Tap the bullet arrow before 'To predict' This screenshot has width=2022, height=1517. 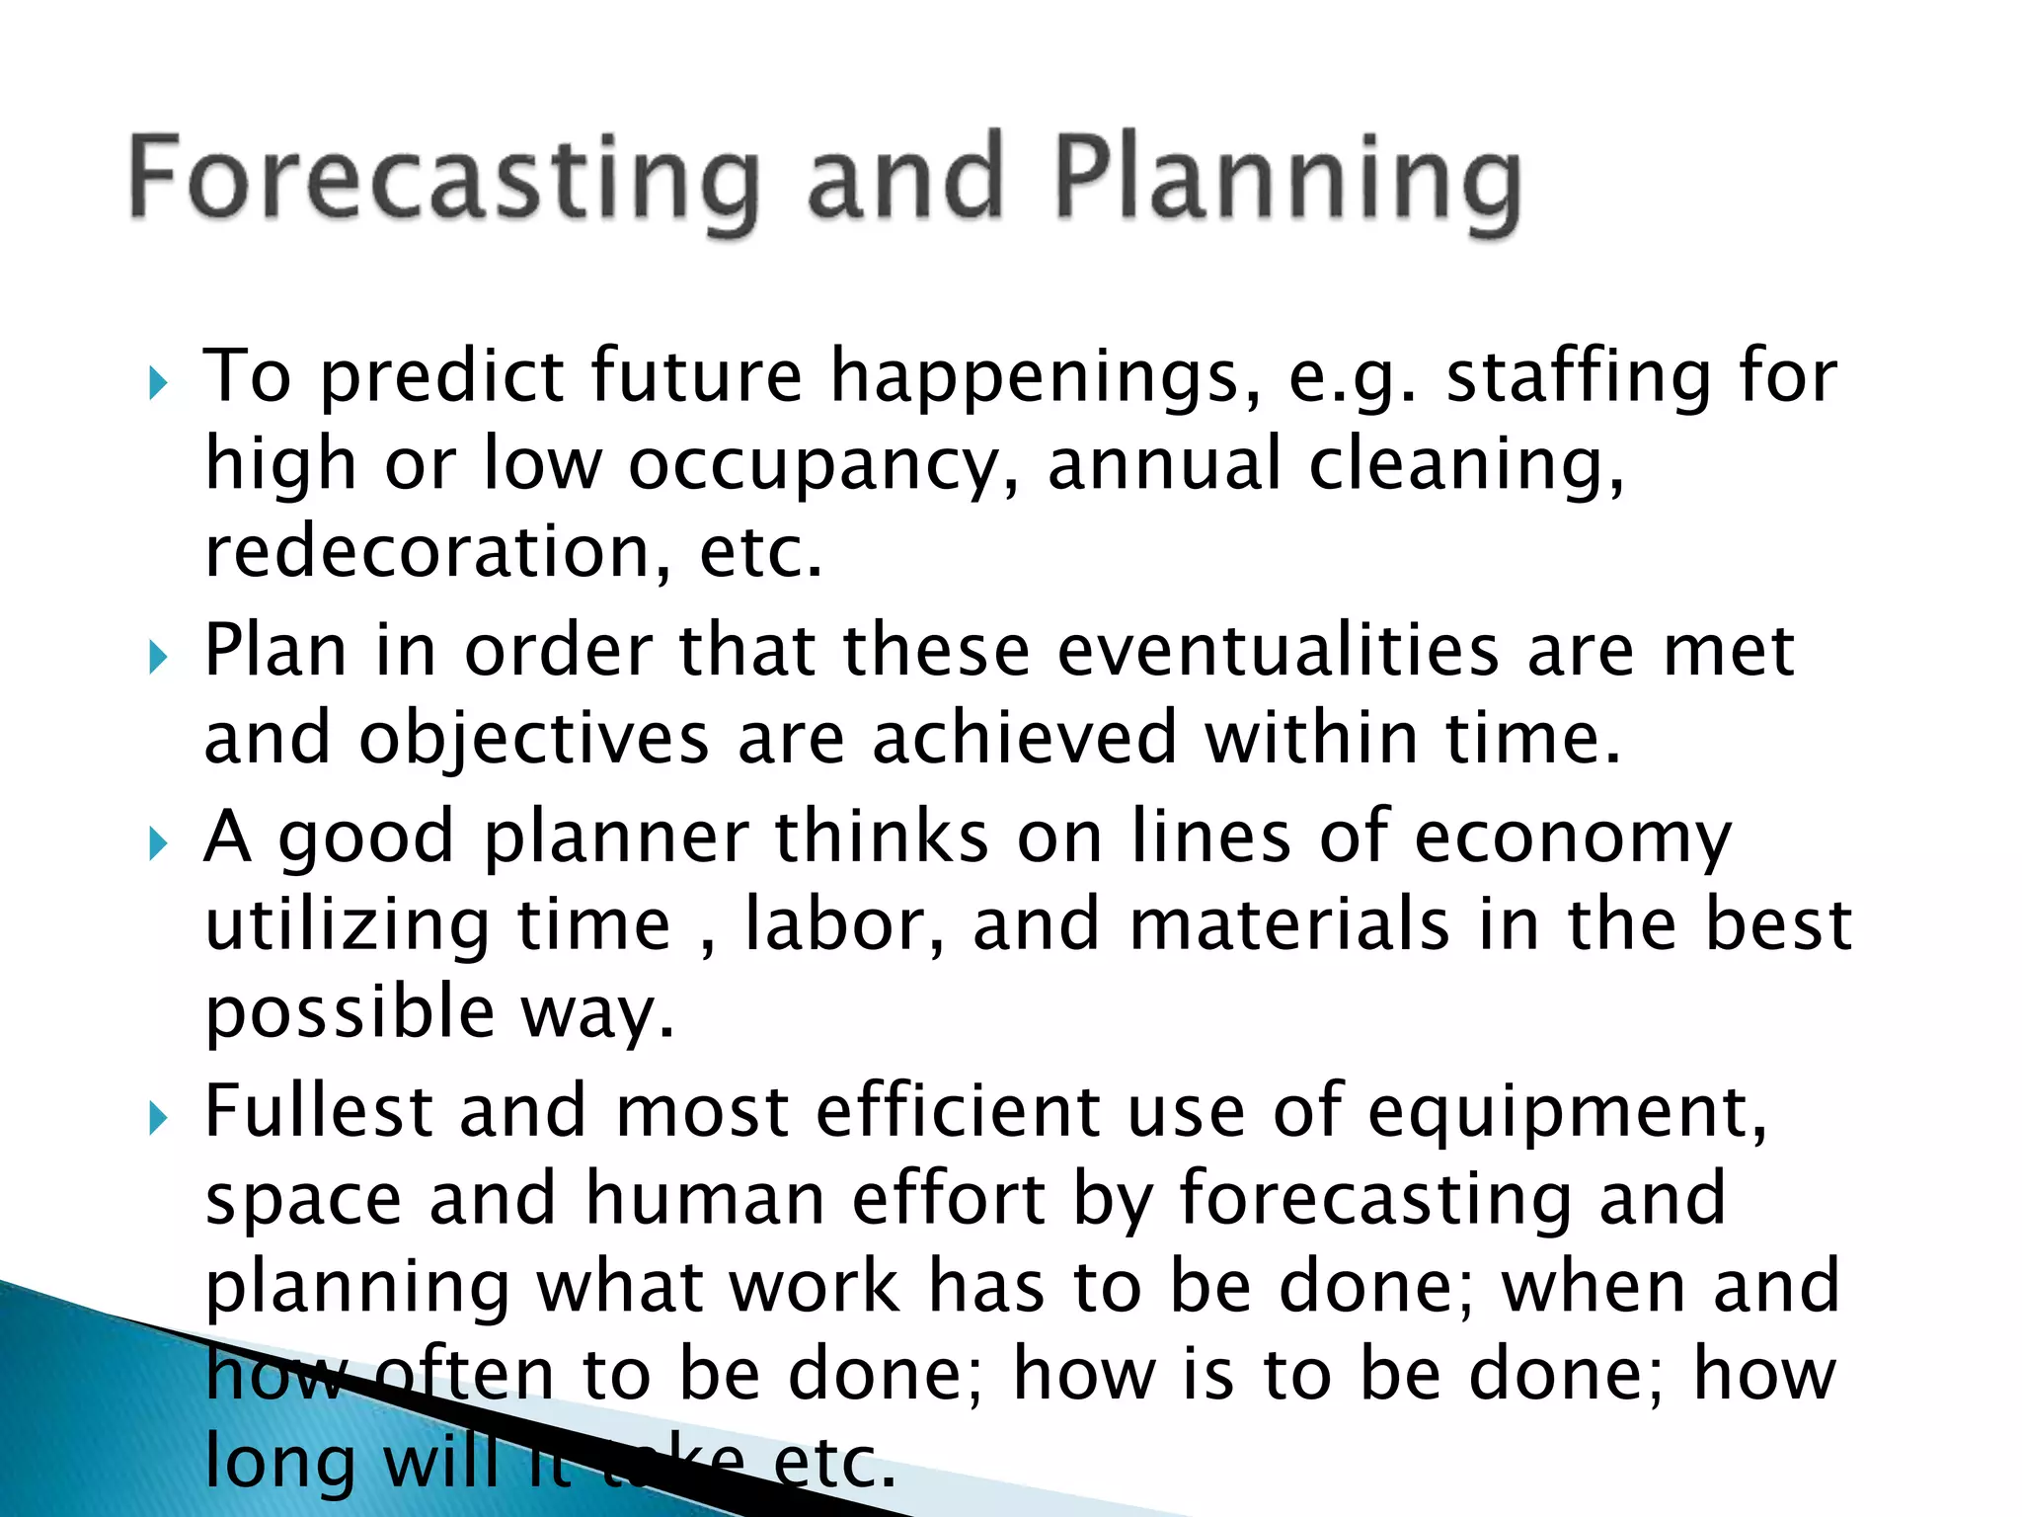158,383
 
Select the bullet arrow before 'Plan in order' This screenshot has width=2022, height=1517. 158,658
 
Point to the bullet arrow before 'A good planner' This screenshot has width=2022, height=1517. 158,843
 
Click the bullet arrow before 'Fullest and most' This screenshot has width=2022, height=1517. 158,1118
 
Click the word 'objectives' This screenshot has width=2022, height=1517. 533,740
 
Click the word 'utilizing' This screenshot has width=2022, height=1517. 347,926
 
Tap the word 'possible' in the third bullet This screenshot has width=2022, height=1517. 350,1014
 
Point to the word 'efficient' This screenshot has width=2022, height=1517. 958,1111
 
